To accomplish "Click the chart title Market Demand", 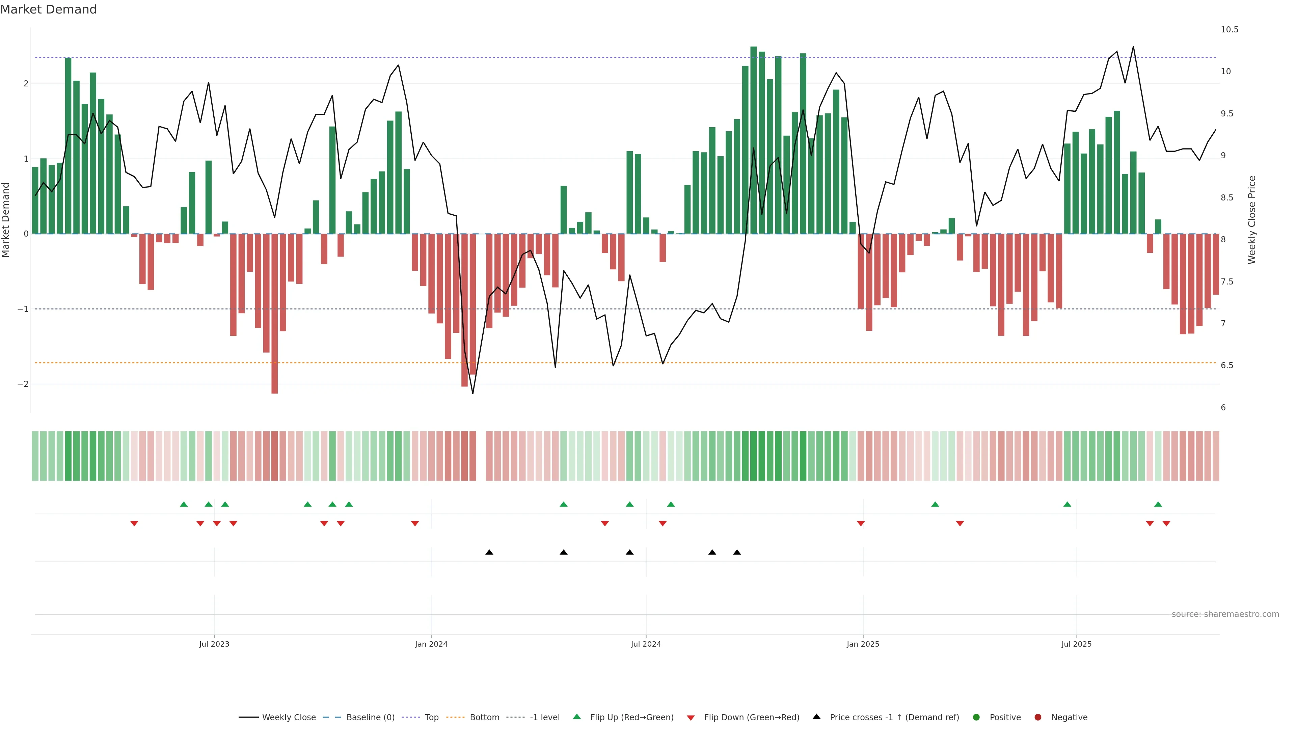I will [48, 9].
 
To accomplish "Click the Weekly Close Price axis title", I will [1252, 220].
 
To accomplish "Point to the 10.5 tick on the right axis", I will [1229, 30].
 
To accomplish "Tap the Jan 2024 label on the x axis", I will [431, 644].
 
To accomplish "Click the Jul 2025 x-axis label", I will [1076, 644].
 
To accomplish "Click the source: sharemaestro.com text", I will [1225, 614].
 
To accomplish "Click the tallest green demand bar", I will [753, 141].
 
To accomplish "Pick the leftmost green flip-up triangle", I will [184, 504].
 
